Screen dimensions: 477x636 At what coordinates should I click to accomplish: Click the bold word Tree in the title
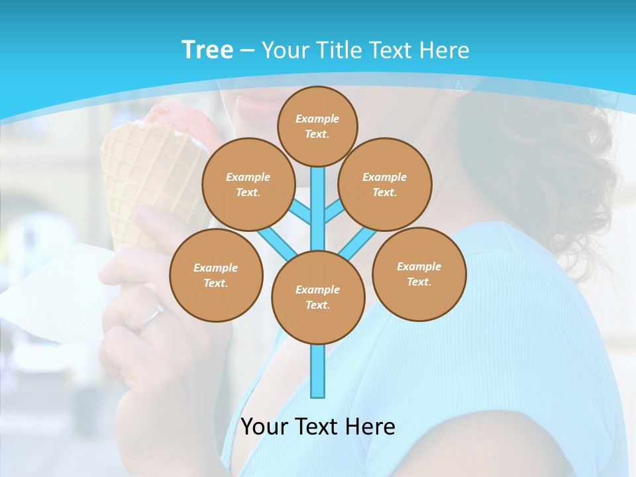207,50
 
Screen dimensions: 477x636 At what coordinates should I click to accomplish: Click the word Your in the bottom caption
265,427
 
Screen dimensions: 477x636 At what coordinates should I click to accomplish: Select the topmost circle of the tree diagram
317,126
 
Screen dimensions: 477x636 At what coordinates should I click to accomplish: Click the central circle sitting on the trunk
318,297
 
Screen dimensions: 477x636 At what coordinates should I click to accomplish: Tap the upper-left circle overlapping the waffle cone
248,184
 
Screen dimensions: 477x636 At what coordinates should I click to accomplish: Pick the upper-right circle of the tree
384,184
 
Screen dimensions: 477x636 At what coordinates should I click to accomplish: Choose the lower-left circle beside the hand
216,275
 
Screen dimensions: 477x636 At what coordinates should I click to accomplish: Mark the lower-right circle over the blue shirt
419,274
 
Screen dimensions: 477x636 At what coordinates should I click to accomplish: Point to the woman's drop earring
457,85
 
